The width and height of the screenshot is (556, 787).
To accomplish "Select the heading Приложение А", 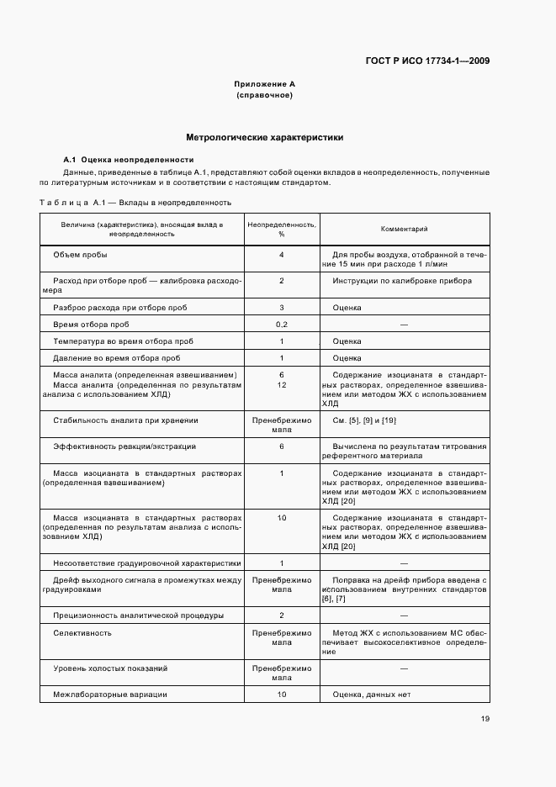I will [x=264, y=85].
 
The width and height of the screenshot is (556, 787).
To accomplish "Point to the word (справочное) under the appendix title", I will [x=264, y=96].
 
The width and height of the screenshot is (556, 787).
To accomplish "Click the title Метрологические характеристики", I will [x=264, y=137].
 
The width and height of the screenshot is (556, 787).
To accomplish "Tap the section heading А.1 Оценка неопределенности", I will [x=129, y=160].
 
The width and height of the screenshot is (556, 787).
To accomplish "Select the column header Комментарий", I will [x=404, y=228].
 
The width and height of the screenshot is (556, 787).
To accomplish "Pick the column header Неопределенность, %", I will [x=281, y=229].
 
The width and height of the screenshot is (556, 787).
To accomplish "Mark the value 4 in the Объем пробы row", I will [x=281, y=255].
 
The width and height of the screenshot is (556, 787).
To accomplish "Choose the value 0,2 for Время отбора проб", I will [x=281, y=325].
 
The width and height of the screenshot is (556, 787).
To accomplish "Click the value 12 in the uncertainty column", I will [x=281, y=384].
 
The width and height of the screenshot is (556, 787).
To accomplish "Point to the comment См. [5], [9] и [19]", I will [x=364, y=420].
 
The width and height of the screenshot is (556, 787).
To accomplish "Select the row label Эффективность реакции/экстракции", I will [x=124, y=446].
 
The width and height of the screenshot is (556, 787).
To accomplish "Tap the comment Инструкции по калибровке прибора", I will [x=402, y=281].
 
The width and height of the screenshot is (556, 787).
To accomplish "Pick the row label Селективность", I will [x=82, y=633].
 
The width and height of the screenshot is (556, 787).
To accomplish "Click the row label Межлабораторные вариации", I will [x=110, y=695].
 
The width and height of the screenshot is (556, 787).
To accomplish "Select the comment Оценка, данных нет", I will [x=371, y=695].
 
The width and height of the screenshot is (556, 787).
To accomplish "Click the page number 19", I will [x=485, y=719].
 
